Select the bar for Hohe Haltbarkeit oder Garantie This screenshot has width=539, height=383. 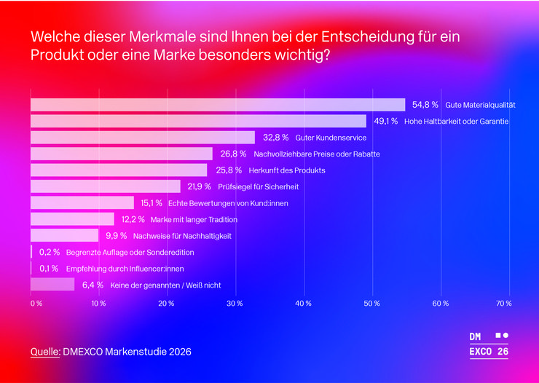tap(198, 121)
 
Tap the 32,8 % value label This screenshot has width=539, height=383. tap(275, 138)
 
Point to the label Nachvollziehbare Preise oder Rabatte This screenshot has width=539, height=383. tap(317, 154)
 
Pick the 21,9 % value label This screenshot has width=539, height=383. tap(199, 186)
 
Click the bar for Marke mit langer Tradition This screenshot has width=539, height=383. tap(72, 219)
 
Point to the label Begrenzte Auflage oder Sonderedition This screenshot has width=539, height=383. tap(130, 253)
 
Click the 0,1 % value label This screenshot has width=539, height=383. tap(50, 269)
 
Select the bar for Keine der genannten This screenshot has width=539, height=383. tap(52, 285)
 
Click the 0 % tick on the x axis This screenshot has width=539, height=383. tap(36, 303)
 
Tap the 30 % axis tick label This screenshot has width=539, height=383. tap(235, 303)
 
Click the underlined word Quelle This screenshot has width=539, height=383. tap(44, 352)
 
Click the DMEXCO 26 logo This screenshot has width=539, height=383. tap(489, 344)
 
